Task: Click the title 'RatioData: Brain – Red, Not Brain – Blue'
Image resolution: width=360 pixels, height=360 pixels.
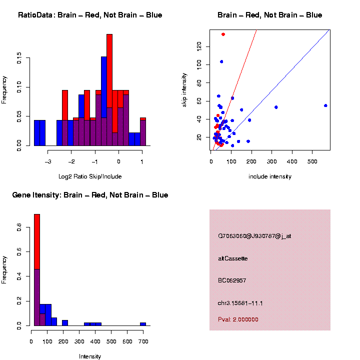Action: click(90, 15)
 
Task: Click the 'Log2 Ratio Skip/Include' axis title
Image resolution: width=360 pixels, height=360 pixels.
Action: click(90, 176)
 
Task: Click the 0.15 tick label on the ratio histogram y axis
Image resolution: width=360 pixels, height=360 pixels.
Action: click(19, 59)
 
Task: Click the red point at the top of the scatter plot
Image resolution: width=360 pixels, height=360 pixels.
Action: click(223, 34)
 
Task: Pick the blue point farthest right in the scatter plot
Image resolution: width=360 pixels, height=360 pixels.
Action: click(325, 105)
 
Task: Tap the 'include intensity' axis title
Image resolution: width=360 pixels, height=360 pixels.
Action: click(270, 176)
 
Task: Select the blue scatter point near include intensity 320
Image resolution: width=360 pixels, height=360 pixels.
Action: click(276, 107)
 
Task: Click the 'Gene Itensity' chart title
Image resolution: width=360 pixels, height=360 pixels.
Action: click(90, 195)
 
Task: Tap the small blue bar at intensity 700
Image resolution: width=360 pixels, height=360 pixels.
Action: click(143, 324)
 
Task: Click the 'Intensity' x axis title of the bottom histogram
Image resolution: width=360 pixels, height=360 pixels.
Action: click(90, 356)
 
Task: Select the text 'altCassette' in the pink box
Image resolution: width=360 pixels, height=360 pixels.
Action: click(233, 258)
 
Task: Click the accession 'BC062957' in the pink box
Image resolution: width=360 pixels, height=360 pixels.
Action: click(232, 280)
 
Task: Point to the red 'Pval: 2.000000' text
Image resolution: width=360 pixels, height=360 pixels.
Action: click(238, 319)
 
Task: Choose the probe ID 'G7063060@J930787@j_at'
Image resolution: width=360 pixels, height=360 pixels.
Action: click(254, 236)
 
